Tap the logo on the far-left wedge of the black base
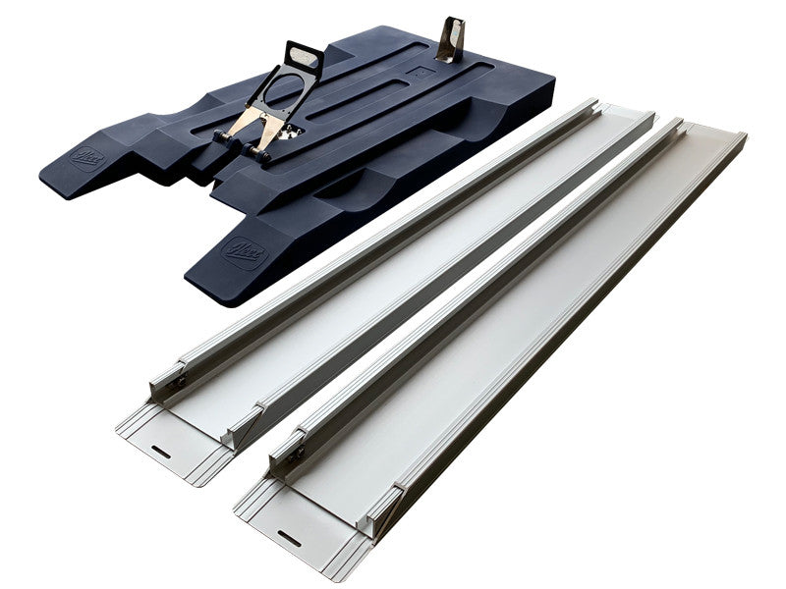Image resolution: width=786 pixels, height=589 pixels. [86, 157]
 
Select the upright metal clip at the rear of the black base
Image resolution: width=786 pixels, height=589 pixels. [452, 40]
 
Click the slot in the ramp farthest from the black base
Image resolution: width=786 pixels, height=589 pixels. [289, 536]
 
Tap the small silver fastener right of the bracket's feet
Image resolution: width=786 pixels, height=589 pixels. [287, 134]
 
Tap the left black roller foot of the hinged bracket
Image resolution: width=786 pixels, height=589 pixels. [224, 137]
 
